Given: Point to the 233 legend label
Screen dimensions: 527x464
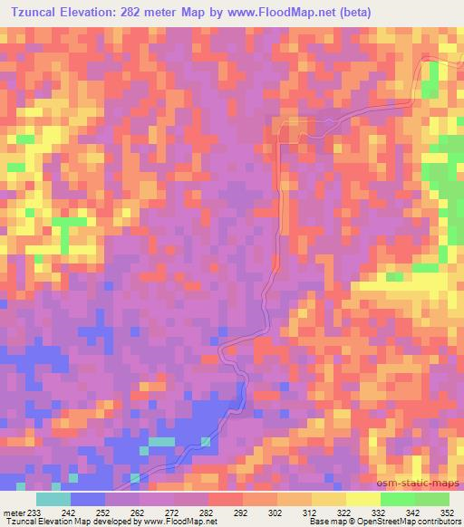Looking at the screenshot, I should pos(34,513).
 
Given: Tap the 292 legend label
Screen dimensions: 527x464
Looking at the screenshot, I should pos(239,513).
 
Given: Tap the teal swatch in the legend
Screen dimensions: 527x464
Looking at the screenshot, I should pos(53,499).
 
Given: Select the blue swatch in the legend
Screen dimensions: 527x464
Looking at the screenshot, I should pos(89,499).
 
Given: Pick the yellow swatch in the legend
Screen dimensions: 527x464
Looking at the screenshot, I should pos(362,499).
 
